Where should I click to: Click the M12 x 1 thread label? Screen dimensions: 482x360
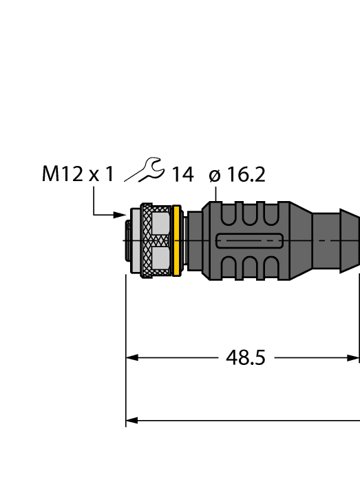pos(77,175)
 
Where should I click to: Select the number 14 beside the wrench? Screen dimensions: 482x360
pos(182,176)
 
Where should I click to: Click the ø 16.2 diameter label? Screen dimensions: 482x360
pos(237,176)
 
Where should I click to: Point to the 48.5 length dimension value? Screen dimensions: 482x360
pos(246,358)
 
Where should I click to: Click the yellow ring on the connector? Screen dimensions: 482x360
pos(177,240)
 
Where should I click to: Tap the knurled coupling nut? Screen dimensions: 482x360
pos(147,240)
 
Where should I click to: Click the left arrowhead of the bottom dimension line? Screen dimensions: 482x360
pos(132,419)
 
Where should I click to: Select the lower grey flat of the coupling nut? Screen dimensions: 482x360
pos(160,260)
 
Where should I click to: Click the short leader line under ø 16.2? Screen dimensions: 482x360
pos(218,194)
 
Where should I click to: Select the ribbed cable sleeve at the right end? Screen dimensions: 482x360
pos(337,240)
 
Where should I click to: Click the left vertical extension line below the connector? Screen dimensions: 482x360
pos(126,344)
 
